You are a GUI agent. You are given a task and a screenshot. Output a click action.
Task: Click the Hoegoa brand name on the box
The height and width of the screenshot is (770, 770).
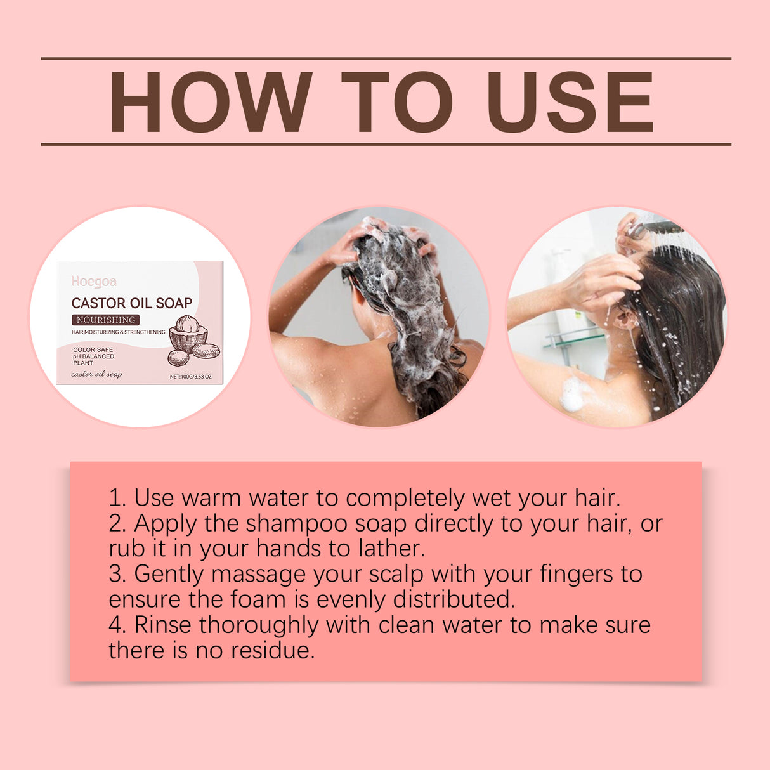click(x=94, y=282)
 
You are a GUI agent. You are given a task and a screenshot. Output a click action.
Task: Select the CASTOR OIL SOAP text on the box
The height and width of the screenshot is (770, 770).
click(x=131, y=303)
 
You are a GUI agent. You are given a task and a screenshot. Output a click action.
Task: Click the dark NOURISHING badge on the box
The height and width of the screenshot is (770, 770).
click(x=105, y=320)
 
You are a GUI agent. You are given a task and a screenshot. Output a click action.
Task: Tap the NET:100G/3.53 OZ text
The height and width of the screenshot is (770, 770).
click(x=190, y=377)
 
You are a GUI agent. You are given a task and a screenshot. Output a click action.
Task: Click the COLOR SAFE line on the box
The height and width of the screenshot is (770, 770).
click(x=93, y=349)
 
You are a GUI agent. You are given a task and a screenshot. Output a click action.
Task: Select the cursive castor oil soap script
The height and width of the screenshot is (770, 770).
click(x=96, y=374)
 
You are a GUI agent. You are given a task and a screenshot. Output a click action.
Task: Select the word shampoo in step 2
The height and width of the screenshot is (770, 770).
click(x=296, y=524)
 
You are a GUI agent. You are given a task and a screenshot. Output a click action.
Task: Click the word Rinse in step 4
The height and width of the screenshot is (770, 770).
click(x=162, y=625)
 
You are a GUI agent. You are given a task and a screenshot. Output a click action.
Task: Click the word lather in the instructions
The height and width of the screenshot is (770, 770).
click(x=391, y=549)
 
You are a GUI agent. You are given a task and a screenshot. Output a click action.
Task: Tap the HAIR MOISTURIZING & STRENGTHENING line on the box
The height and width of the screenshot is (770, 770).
click(x=118, y=332)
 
